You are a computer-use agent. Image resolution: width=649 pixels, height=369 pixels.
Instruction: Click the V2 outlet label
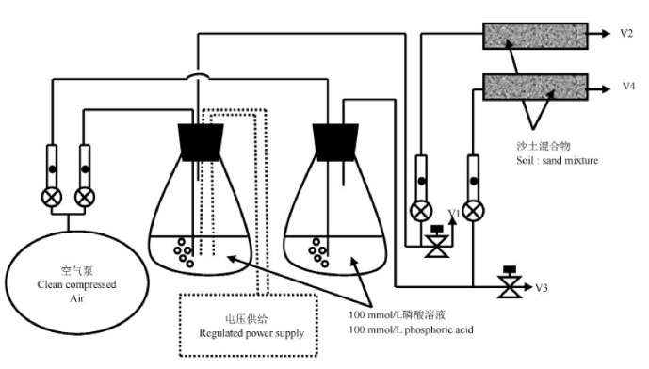[x=626, y=34]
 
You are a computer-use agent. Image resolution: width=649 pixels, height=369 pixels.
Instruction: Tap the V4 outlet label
[x=628, y=86]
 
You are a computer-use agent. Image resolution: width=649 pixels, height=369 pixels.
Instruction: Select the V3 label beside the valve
[x=542, y=287]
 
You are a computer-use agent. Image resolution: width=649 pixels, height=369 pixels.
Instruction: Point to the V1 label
[x=454, y=214]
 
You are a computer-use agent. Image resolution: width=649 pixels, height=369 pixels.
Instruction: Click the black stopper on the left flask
[x=201, y=142]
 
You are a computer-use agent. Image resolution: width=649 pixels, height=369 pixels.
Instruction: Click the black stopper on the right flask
[x=335, y=142]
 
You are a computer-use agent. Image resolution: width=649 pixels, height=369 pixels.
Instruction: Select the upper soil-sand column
[x=535, y=37]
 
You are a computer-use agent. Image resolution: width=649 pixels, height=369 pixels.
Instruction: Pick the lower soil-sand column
[x=535, y=88]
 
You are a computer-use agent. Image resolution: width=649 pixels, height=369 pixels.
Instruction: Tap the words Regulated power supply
[x=251, y=333]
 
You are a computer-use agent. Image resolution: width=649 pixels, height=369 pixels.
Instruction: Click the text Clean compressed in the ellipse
[x=76, y=284]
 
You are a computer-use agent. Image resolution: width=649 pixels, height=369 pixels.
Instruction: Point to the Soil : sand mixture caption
[x=557, y=161]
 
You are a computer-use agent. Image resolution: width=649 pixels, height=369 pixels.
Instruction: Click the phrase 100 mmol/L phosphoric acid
[x=411, y=329]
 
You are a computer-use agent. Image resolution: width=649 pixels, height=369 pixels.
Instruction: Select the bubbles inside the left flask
[x=184, y=252]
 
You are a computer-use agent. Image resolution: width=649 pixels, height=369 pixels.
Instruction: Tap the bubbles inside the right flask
[x=318, y=252]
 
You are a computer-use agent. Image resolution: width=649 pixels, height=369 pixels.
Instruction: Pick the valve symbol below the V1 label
[x=437, y=242]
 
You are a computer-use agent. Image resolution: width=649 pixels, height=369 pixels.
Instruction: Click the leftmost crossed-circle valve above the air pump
[x=52, y=198]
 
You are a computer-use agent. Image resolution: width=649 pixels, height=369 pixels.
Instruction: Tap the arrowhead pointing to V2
[x=605, y=34]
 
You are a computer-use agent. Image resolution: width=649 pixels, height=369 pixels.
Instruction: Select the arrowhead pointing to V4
[x=605, y=88]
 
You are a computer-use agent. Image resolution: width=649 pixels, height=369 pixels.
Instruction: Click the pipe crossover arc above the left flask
[x=198, y=75]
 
